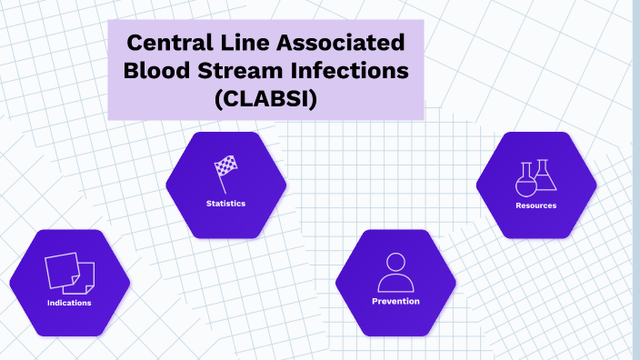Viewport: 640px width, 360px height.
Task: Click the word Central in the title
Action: [170, 43]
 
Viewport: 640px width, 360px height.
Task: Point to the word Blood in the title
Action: [156, 71]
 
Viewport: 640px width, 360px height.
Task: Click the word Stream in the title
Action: [240, 71]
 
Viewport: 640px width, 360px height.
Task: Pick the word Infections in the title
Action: [349, 71]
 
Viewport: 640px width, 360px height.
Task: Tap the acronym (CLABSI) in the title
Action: [265, 99]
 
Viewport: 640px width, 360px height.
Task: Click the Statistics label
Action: [225, 204]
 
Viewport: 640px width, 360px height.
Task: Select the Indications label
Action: [69, 303]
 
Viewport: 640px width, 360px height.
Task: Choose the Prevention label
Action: [395, 301]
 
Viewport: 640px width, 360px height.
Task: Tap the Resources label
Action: [536, 205]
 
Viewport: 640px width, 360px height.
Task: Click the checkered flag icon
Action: [225, 175]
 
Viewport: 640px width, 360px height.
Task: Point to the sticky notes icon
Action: [70, 273]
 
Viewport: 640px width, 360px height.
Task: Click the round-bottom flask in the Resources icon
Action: [526, 180]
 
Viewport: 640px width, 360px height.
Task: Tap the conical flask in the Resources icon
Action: [545, 175]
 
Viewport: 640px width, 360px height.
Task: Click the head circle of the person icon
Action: [395, 262]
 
